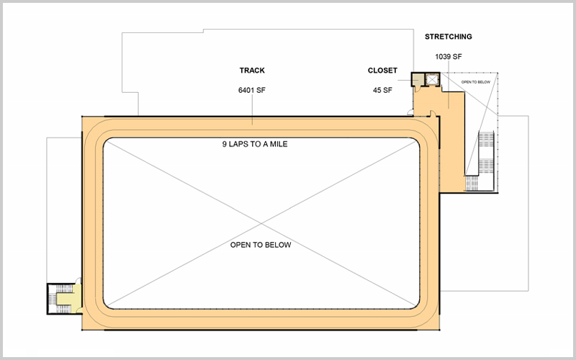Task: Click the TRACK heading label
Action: pyautogui.click(x=252, y=71)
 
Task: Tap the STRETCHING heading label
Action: pyautogui.click(x=448, y=36)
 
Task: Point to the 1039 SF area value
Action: pyautogui.click(x=448, y=55)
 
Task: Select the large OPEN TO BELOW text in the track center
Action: pyautogui.click(x=260, y=245)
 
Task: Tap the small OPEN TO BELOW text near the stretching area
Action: pyautogui.click(x=476, y=82)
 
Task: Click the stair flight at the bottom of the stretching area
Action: pyautogui.click(x=473, y=184)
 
